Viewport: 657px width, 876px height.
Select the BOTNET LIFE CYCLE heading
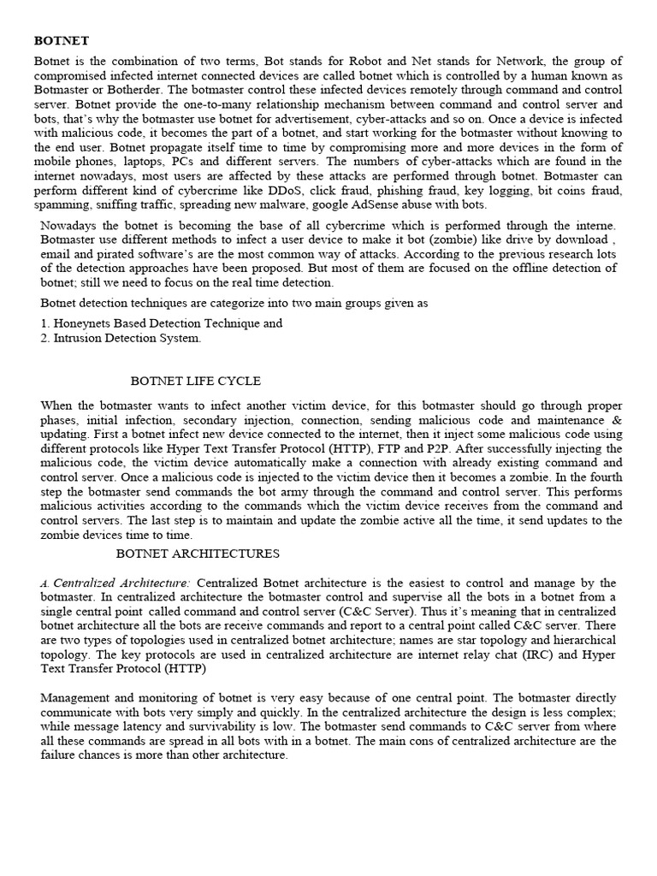(195, 381)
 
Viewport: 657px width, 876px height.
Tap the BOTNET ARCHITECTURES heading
(198, 554)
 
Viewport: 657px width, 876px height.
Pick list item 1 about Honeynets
(161, 323)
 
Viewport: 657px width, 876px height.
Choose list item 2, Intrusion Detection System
(121, 338)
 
